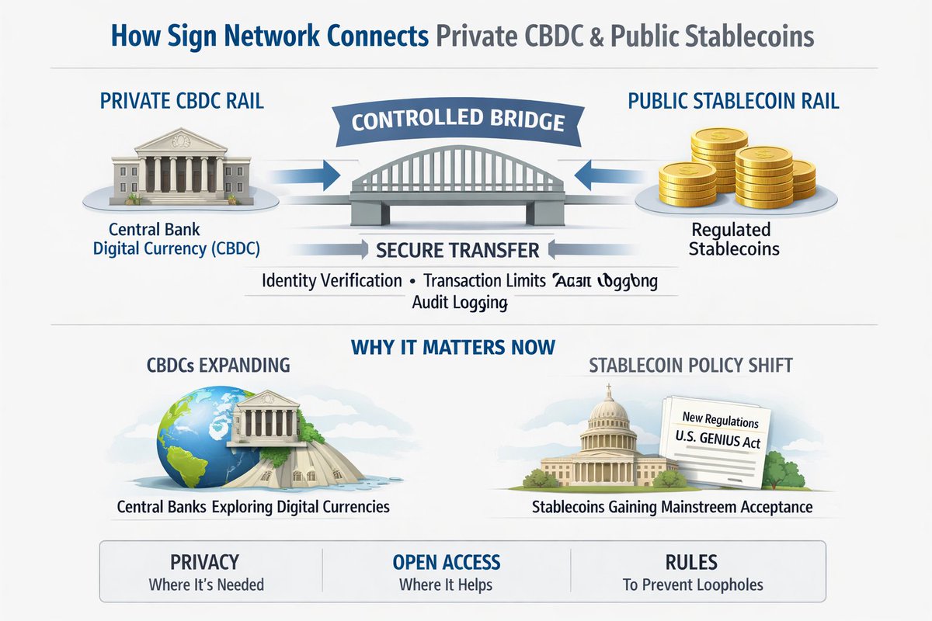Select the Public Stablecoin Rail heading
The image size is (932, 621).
pos(733,102)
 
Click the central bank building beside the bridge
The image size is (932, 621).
pos(181,167)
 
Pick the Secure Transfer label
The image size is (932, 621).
pos(457,250)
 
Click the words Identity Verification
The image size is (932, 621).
pos(332,280)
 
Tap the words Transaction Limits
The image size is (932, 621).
pos(483,280)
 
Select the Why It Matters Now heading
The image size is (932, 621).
pos(453,346)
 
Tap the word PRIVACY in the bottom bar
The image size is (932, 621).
pos(205,562)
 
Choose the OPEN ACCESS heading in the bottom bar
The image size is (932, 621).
pos(447,562)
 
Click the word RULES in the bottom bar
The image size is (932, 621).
pos(691,562)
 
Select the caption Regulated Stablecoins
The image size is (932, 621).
pos(732,240)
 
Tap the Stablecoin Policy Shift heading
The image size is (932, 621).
pos(690,365)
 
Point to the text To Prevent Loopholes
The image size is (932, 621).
pos(693,585)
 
